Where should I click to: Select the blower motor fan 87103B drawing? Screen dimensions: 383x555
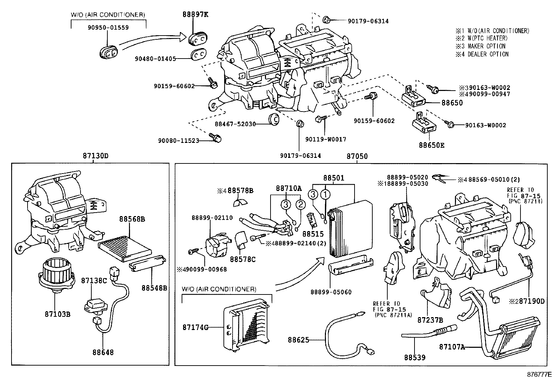click(x=55, y=273)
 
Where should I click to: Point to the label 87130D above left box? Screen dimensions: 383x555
click(x=96, y=156)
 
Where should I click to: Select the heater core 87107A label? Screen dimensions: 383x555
click(x=452, y=347)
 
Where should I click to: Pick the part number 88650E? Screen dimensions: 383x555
click(x=432, y=145)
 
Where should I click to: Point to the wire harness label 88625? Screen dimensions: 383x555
click(x=298, y=340)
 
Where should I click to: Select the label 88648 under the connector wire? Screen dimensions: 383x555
click(x=103, y=352)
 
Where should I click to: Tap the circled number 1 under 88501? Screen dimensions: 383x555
click(x=325, y=194)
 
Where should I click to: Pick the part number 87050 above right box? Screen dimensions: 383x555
click(x=357, y=156)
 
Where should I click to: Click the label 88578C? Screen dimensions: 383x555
click(x=243, y=259)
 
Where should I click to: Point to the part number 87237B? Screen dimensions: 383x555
click(x=430, y=320)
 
